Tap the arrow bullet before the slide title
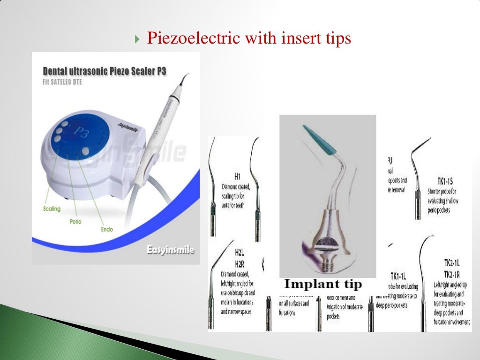point(136,39)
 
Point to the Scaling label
point(52,209)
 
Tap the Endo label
point(106,230)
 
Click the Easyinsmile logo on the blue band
point(170,250)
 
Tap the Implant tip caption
point(323,284)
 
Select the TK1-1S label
point(441,180)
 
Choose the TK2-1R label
point(442,273)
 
